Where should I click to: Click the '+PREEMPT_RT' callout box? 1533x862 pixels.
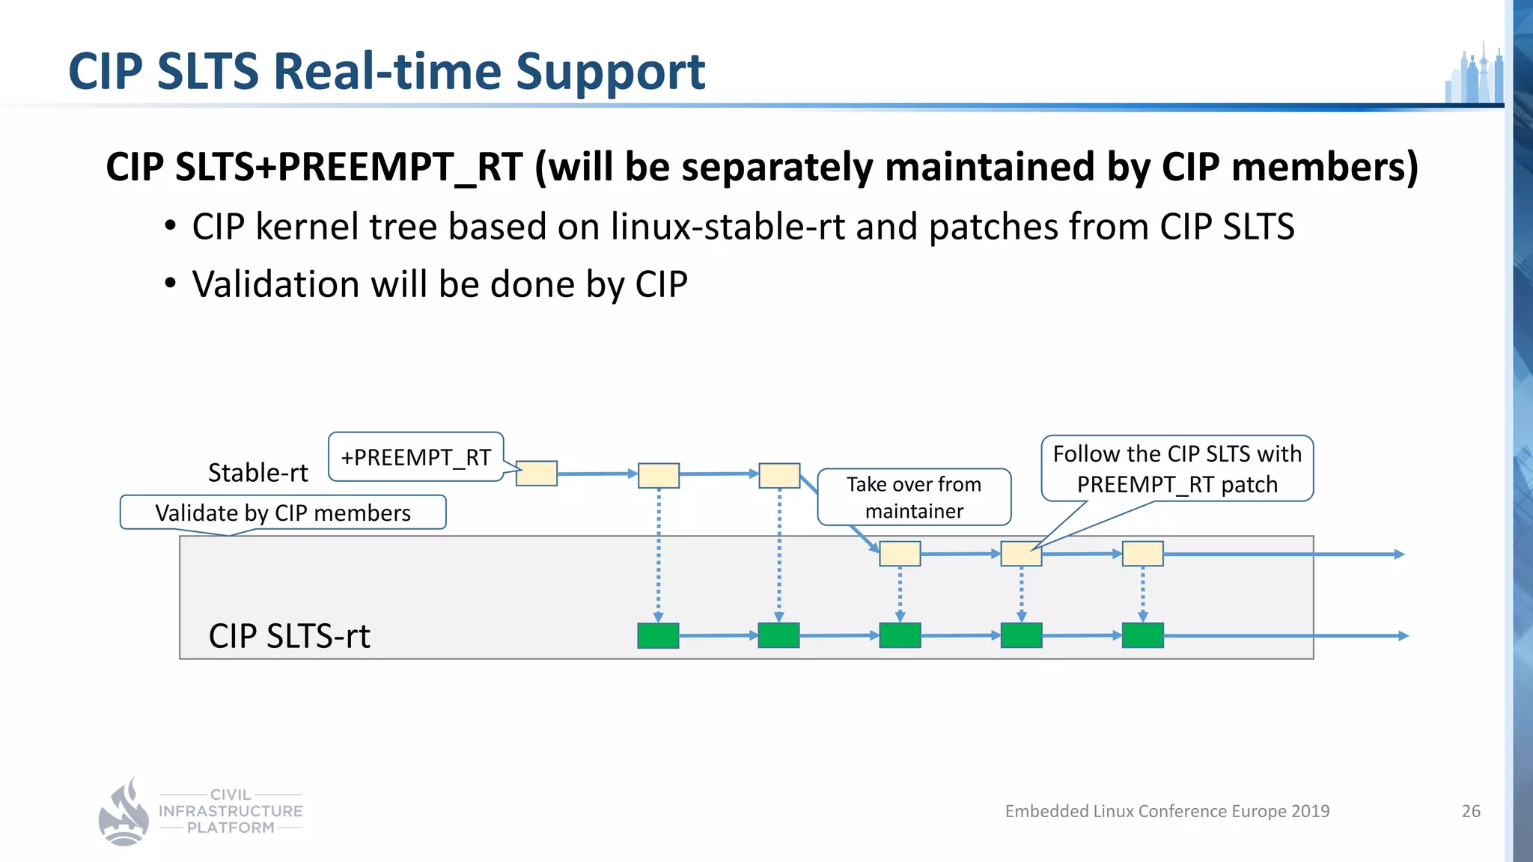pos(415,456)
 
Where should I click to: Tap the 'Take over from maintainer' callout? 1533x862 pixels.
pos(914,498)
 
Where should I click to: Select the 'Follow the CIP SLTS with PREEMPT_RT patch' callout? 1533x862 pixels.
pos(1177,469)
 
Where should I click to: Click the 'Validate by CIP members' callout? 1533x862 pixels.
pos(283,513)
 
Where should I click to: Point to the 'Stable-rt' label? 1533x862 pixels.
pos(257,473)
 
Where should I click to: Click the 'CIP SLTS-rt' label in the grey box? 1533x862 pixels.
pos(289,636)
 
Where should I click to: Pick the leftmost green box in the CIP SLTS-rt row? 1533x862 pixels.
pos(658,635)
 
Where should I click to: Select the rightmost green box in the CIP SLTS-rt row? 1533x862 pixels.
pos(1142,635)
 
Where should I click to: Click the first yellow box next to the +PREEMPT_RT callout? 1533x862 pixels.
pos(537,474)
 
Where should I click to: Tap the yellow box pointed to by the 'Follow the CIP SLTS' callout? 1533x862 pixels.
pos(1021,554)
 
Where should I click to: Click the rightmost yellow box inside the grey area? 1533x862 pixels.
pos(1142,554)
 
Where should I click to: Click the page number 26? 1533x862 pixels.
pos(1471,811)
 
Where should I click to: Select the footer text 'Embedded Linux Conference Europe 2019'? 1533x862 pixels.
pos(1167,811)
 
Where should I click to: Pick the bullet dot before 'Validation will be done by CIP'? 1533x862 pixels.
pos(171,284)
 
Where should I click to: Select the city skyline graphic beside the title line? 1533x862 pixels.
pos(1474,75)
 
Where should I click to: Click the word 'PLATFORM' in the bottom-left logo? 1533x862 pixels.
pos(231,828)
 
